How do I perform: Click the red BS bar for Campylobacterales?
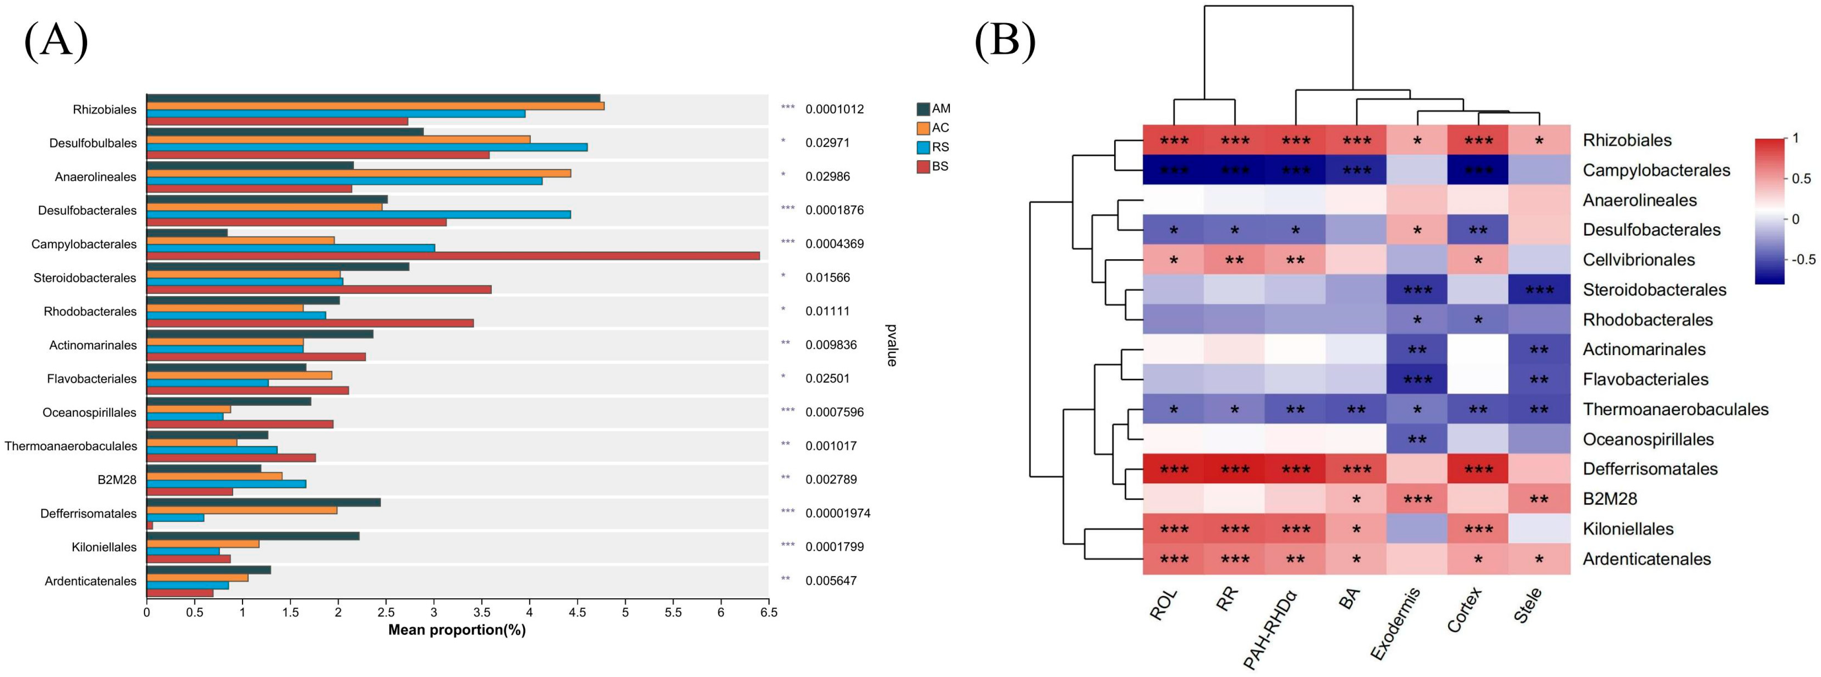[452, 256]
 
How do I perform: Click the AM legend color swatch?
[923, 109]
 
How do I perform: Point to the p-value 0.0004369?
[834, 244]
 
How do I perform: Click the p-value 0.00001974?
[837, 513]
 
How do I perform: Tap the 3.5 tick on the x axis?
[481, 612]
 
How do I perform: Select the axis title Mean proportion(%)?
[457, 630]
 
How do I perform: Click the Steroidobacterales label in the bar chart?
[85, 278]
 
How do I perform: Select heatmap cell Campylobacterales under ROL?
[1173, 170]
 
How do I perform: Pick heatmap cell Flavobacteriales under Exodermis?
[1417, 379]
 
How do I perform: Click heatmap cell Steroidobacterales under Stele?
[1539, 290]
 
